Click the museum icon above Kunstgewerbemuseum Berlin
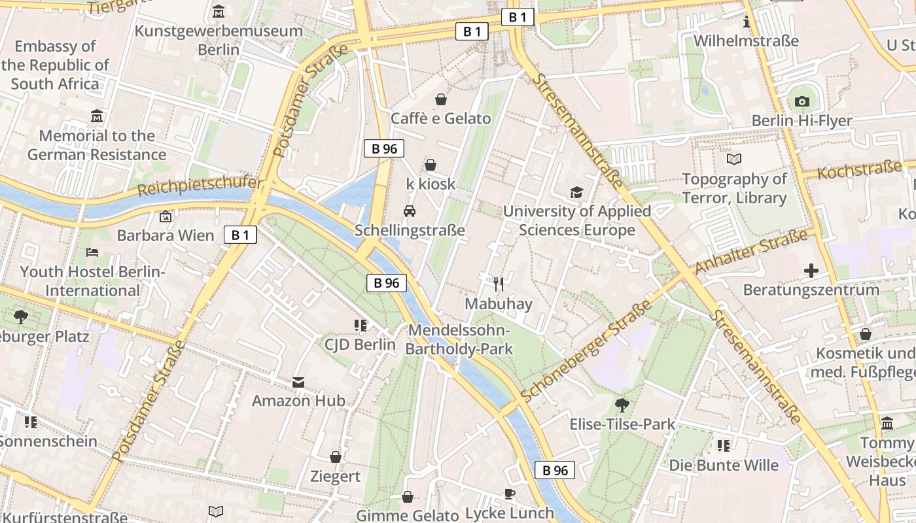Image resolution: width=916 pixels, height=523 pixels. tap(219, 12)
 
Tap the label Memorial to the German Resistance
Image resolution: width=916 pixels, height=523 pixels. tap(97, 145)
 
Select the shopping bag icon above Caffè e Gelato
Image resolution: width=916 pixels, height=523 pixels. tap(441, 99)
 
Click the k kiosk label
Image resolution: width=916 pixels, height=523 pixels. tap(431, 184)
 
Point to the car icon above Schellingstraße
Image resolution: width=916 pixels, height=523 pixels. tap(410, 211)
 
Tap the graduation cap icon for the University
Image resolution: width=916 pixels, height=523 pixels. tap(576, 192)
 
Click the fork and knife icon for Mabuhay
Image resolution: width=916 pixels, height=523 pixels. tap(499, 284)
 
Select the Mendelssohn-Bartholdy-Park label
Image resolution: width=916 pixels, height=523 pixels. tap(459, 339)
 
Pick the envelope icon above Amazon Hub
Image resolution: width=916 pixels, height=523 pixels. tap(298, 382)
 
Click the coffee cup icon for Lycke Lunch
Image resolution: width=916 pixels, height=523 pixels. tap(510, 494)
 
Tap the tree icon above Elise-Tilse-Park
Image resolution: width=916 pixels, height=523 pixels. tap(622, 405)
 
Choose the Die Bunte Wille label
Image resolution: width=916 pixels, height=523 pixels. tap(724, 465)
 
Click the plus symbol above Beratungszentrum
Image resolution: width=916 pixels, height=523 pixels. tap(811, 271)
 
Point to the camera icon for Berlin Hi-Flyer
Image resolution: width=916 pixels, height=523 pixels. tap(801, 101)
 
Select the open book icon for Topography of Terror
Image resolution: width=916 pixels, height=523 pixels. tap(734, 159)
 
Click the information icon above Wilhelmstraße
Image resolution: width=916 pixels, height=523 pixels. tap(747, 22)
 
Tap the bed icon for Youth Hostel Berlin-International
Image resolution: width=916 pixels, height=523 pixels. tap(92, 252)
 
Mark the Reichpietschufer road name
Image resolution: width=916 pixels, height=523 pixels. tap(200, 187)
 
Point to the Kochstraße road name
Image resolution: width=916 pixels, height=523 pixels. tap(859, 171)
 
